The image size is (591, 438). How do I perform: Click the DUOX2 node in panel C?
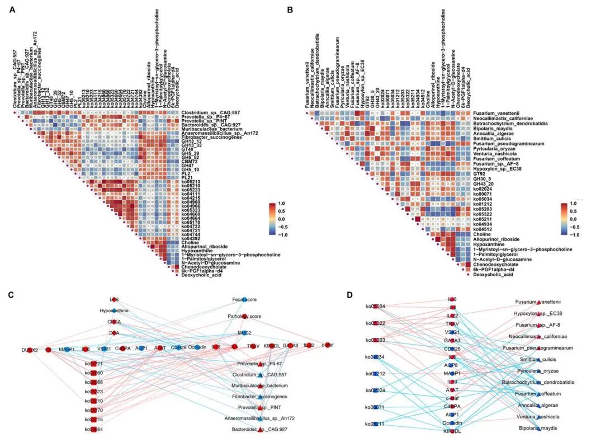point(31,349)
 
